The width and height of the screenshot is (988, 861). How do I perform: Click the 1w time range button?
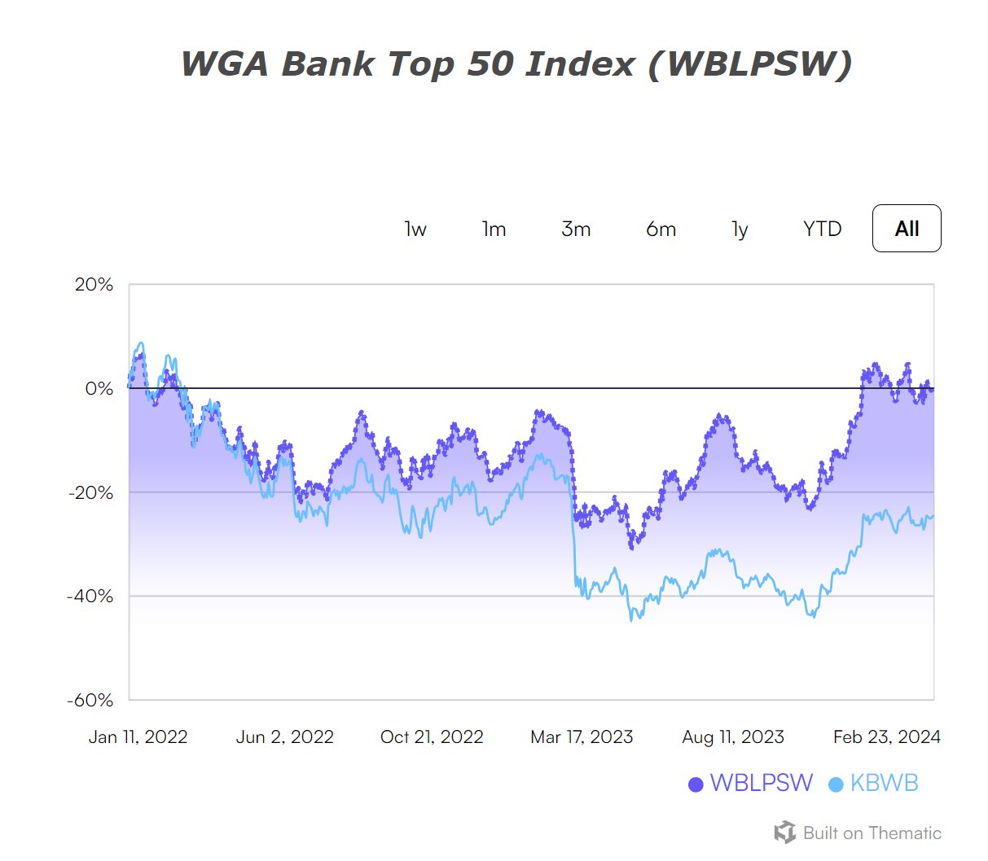click(x=415, y=229)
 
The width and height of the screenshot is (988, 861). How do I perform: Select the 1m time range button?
click(x=494, y=229)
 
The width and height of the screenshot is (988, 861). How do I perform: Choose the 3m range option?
click(x=576, y=229)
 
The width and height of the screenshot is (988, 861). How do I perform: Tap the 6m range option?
click(x=661, y=229)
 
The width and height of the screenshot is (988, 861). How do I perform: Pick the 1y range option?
click(x=740, y=229)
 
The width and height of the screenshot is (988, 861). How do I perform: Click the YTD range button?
click(x=822, y=229)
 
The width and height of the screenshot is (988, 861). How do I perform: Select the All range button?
click(x=907, y=229)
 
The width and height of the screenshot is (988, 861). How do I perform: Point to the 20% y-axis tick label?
click(x=94, y=285)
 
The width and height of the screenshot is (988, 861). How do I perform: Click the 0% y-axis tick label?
click(x=99, y=389)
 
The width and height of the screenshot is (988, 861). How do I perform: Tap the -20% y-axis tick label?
click(x=90, y=492)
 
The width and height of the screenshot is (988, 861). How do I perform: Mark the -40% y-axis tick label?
click(x=90, y=597)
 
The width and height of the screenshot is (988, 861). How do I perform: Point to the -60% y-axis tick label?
click(x=90, y=700)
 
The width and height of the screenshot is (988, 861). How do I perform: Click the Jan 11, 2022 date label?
click(x=138, y=737)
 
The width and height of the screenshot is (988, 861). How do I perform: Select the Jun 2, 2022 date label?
click(x=285, y=737)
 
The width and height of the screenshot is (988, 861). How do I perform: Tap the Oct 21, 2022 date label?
click(x=432, y=737)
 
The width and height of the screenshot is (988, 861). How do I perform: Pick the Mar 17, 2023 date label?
click(x=582, y=737)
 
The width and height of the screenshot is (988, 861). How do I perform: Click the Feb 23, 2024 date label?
click(x=886, y=737)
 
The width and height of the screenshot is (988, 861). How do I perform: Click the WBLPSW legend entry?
click(x=751, y=783)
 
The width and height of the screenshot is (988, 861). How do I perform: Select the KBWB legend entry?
click(x=874, y=783)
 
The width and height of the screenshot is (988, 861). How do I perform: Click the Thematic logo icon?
click(x=785, y=833)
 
